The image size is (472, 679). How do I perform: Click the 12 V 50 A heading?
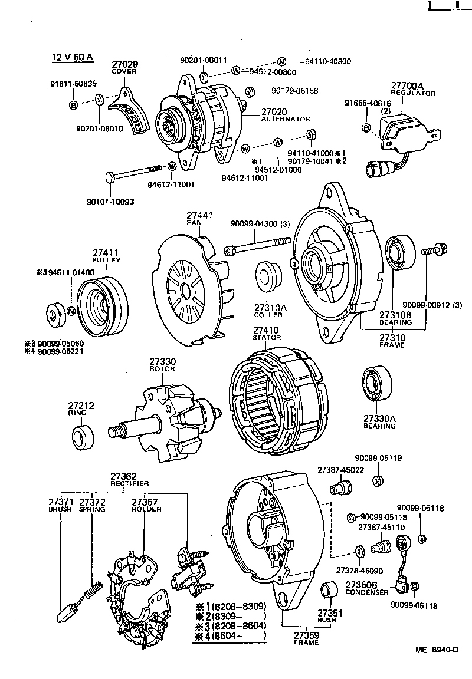(72, 57)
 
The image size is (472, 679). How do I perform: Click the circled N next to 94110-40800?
(281, 61)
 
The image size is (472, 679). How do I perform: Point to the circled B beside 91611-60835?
(74, 105)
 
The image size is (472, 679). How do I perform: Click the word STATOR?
(267, 337)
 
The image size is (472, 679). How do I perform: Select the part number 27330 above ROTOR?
(162, 361)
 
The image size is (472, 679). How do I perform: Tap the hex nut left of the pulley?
(56, 314)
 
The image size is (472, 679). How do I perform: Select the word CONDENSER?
(366, 592)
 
